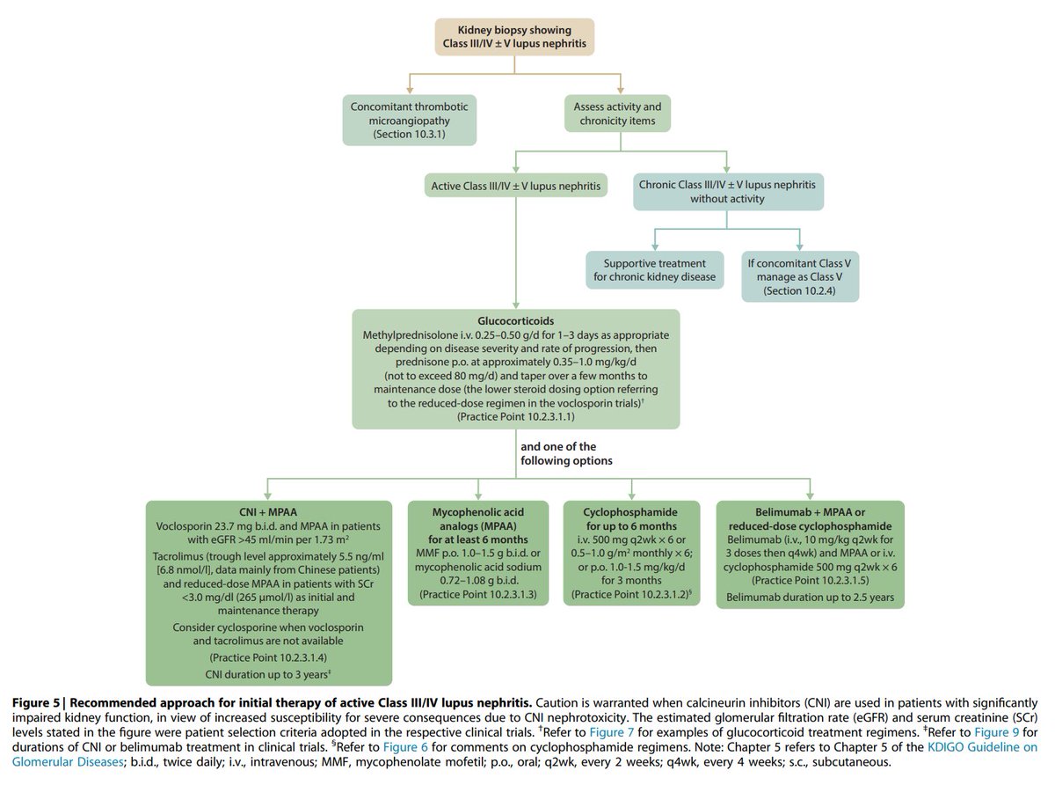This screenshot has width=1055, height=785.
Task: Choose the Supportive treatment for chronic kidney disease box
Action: pos(655,271)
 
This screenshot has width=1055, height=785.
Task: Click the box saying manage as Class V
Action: pos(799,276)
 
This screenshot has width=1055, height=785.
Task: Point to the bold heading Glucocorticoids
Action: pos(515,321)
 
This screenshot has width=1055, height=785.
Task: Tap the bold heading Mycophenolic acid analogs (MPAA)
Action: pos(477,519)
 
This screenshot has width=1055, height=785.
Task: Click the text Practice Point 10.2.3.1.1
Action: pos(515,416)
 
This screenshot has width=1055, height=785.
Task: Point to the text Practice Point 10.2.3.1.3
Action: pos(477,596)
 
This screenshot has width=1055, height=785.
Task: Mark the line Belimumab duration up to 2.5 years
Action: pos(809,598)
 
